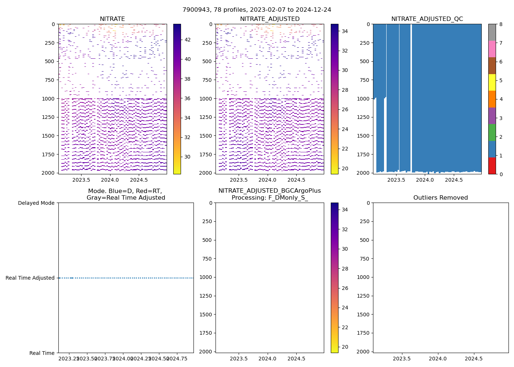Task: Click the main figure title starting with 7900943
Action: click(x=257, y=10)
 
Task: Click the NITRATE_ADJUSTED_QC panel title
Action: click(x=427, y=19)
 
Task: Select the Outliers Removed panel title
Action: click(x=441, y=198)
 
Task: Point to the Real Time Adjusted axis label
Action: click(x=30, y=278)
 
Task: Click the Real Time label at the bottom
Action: click(x=42, y=353)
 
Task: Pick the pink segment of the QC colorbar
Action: click(x=492, y=49)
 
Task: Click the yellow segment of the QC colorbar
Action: click(x=492, y=82)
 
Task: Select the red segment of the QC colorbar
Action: click(x=492, y=166)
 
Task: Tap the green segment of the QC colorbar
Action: click(x=492, y=132)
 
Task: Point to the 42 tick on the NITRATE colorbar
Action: click(x=187, y=40)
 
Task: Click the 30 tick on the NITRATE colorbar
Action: click(x=187, y=157)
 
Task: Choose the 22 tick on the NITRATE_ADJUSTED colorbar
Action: click(x=345, y=149)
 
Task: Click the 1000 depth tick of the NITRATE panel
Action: click(x=49, y=99)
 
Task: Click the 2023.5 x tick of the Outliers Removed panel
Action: click(x=402, y=359)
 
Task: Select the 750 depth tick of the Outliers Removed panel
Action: click(x=364, y=259)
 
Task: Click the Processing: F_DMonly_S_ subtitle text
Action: click(x=269, y=198)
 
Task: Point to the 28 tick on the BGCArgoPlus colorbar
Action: click(x=345, y=269)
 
